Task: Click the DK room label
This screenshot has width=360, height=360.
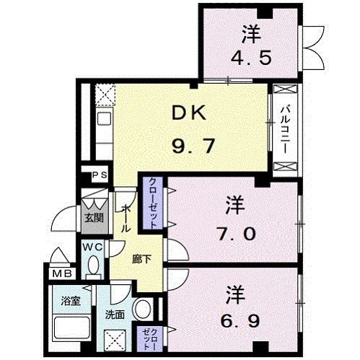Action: pos(189,113)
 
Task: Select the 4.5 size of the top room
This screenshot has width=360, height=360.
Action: pos(251,57)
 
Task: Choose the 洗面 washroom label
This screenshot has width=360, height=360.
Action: pos(115,315)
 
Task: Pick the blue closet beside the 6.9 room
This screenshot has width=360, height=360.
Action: pos(146,336)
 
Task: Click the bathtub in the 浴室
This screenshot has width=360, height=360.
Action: pos(72,331)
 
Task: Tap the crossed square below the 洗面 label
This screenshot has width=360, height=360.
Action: pos(115,341)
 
